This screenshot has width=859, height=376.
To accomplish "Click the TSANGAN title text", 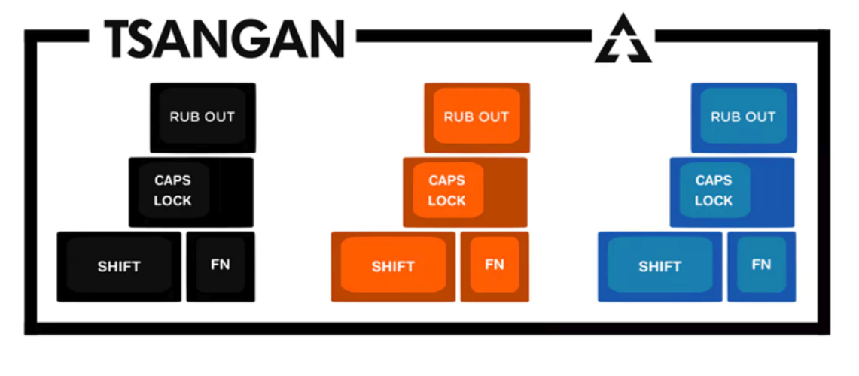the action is [x=224, y=38].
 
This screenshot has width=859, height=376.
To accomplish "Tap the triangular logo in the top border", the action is [x=623, y=39].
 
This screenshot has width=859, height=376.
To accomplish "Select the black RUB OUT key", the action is [x=203, y=117].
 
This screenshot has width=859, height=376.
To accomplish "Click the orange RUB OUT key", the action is [x=477, y=117].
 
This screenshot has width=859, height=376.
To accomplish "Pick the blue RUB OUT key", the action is [x=743, y=117].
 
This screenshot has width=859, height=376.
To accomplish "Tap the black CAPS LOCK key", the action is [x=191, y=192].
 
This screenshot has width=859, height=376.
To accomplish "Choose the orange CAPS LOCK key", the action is [x=465, y=192].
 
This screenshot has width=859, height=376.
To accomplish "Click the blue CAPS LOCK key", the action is [x=732, y=192].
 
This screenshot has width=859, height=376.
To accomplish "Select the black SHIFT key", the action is [x=119, y=266].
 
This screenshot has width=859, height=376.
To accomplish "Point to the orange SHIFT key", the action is [x=393, y=266].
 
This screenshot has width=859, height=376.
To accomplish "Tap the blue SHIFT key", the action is [x=659, y=266].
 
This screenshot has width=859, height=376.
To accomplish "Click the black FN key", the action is [x=221, y=266].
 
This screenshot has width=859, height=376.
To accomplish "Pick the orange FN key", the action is [x=495, y=266].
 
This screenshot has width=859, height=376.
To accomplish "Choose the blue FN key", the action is [x=761, y=266].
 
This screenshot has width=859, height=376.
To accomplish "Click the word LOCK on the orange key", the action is [x=446, y=201].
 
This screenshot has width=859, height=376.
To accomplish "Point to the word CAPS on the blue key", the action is [x=713, y=180].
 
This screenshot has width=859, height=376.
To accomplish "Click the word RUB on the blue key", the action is [x=724, y=117].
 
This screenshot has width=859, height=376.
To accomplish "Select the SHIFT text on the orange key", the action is [x=393, y=266].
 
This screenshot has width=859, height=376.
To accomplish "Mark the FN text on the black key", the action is [x=221, y=265].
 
